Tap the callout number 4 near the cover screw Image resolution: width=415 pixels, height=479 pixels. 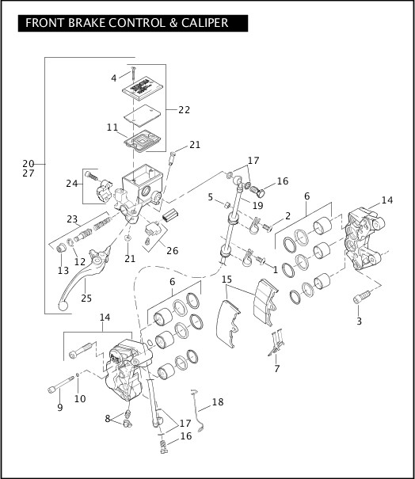pos(114,78)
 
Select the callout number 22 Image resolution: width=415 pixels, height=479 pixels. pos(184,109)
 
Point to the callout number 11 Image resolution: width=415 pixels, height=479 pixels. pos(112,127)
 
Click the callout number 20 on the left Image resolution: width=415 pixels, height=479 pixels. pos(29,164)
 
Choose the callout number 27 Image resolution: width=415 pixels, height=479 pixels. pos(29,173)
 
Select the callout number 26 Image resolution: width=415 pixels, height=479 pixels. pos(171,251)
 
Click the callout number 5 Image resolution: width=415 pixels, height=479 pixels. pos(210,197)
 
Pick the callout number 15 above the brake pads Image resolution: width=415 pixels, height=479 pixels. pos(227,279)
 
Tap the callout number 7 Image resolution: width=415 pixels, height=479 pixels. pos(276,368)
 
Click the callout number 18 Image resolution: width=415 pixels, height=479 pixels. pos(217,402)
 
